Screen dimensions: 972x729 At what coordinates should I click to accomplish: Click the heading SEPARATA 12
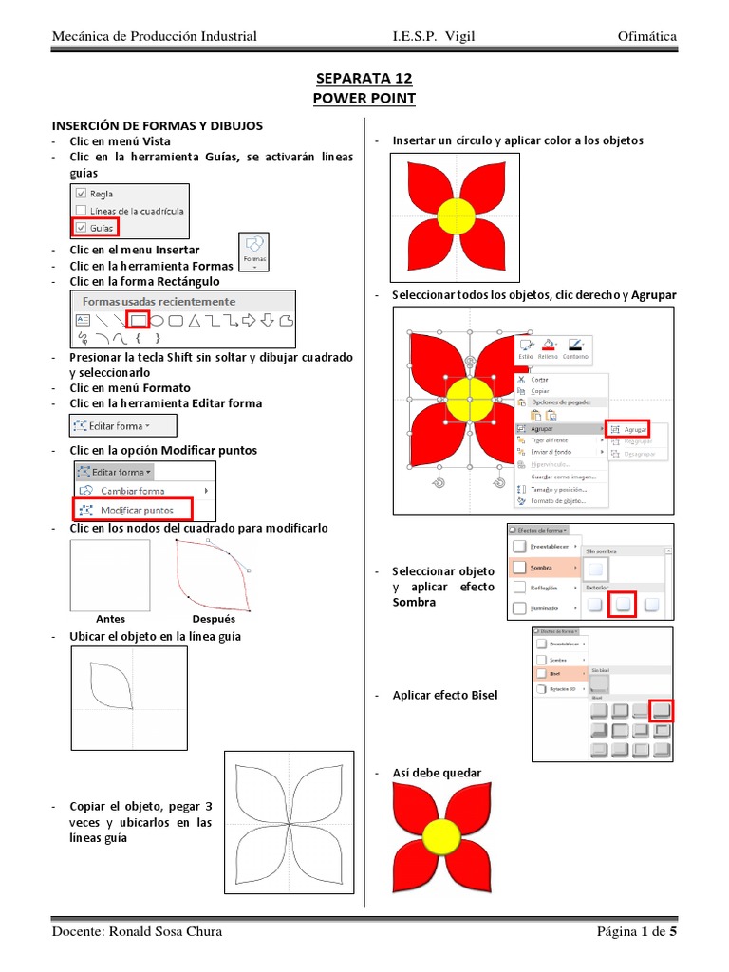[x=364, y=78]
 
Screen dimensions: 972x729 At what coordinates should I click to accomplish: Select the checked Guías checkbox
[x=81, y=228]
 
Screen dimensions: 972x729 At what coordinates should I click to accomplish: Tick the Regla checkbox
[x=81, y=194]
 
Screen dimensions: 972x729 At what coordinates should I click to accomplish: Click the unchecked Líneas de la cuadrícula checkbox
[x=81, y=211]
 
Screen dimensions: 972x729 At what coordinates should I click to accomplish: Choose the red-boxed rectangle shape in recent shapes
[x=139, y=320]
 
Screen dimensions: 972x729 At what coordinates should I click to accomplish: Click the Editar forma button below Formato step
[x=112, y=426]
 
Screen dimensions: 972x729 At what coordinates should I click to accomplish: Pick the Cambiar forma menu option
[x=132, y=491]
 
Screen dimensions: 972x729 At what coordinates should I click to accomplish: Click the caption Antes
[x=110, y=619]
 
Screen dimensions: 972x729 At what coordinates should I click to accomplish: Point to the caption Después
[x=213, y=619]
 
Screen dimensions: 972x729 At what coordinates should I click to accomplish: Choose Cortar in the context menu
[x=539, y=379]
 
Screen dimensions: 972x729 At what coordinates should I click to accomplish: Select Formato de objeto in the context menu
[x=558, y=500]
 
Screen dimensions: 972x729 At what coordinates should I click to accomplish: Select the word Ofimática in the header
[x=646, y=36]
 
